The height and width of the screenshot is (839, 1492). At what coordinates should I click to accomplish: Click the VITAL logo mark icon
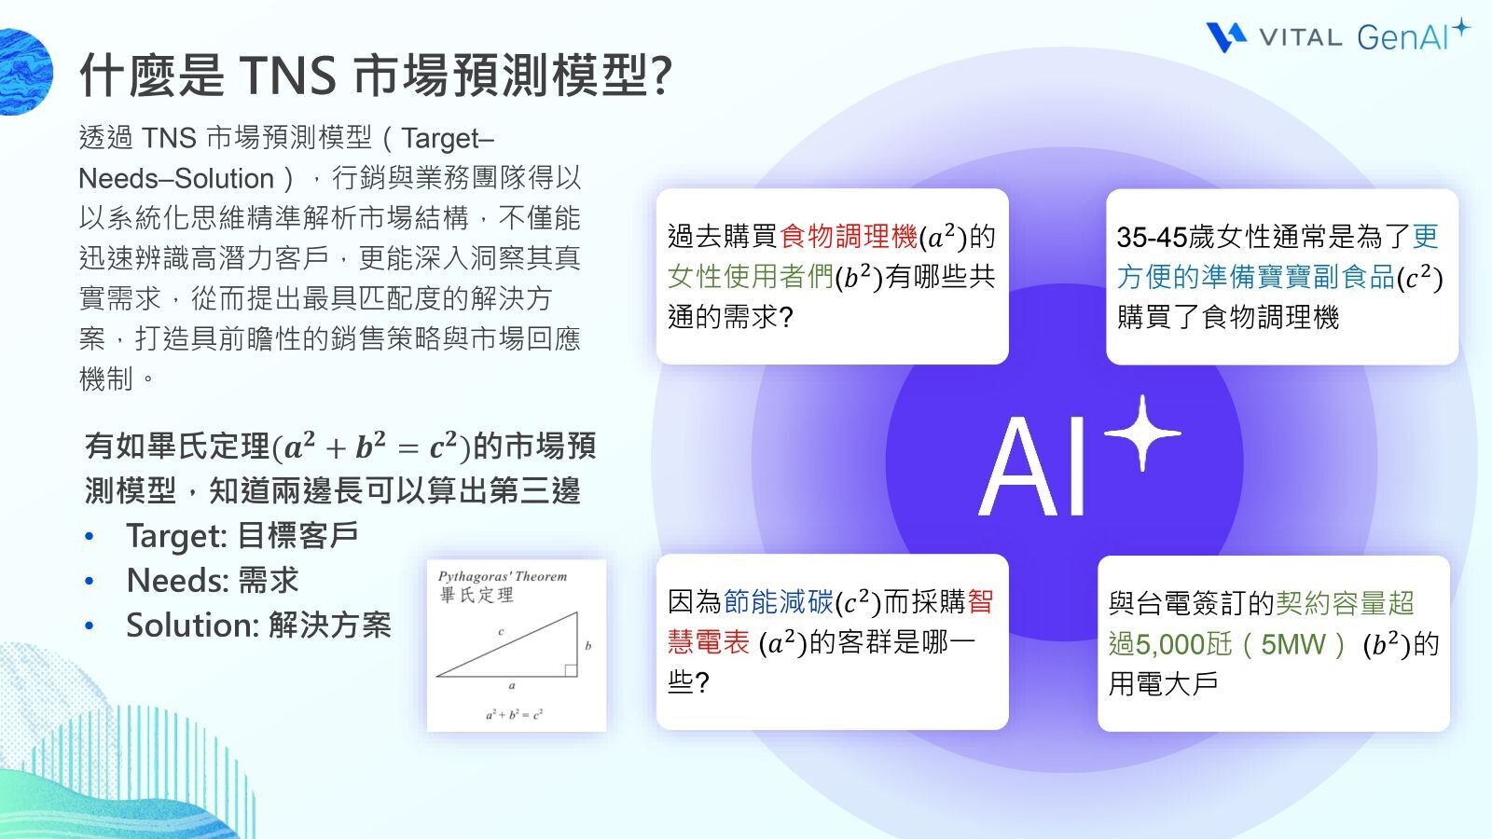[1226, 36]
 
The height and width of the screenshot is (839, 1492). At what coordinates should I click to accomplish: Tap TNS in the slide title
[287, 75]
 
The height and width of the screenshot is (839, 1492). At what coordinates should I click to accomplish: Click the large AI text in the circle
[1035, 466]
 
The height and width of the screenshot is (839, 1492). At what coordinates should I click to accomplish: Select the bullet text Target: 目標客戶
[242, 536]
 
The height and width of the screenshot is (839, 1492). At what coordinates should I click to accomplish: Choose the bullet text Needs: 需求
[213, 581]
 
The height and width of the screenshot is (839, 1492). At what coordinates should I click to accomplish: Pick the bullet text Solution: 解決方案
[258, 626]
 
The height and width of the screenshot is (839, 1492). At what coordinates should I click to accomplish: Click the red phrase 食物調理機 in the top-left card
[849, 237]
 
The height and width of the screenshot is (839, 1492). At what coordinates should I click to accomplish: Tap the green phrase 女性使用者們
[750, 277]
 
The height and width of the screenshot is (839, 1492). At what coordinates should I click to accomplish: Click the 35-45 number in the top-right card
[1152, 238]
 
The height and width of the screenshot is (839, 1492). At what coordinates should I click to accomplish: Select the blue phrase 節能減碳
[778, 602]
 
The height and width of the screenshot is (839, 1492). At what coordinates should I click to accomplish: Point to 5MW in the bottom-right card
[1292, 644]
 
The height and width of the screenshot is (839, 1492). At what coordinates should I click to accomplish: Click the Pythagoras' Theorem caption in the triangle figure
[503, 577]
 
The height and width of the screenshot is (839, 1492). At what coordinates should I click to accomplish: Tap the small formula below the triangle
[514, 715]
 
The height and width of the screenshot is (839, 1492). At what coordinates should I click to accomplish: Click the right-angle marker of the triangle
[571, 669]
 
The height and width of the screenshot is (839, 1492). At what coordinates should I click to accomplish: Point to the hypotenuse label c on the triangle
[501, 632]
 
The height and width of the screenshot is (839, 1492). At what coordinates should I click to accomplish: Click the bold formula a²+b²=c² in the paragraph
[371, 447]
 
